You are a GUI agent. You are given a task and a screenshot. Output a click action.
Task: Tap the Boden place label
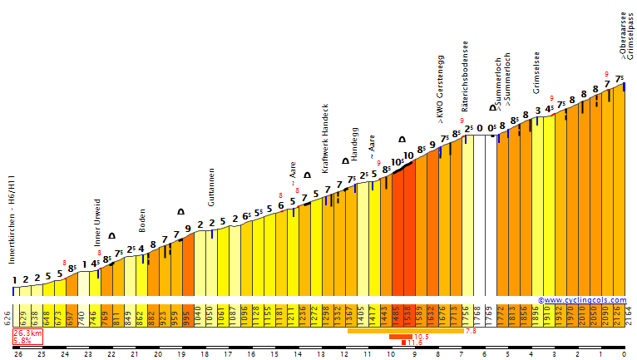tap(142, 220)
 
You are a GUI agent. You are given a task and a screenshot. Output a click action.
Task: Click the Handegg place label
tap(354, 144)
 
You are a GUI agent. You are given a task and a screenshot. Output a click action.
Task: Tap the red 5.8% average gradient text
tap(22, 341)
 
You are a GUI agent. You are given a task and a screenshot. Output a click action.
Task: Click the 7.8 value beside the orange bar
tap(470, 331)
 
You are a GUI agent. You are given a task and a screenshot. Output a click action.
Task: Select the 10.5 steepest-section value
tap(420, 337)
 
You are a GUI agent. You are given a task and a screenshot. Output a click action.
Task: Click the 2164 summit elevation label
tap(628, 316)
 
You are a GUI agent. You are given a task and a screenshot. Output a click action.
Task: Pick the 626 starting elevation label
tap(7, 316)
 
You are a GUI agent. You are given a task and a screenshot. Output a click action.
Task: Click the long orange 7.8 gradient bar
tap(404, 331)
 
